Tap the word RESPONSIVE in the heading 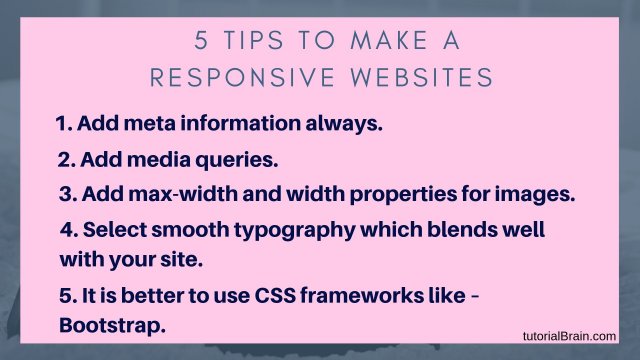click(x=243, y=77)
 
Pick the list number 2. click(x=63, y=159)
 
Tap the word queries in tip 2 click(x=238, y=159)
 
